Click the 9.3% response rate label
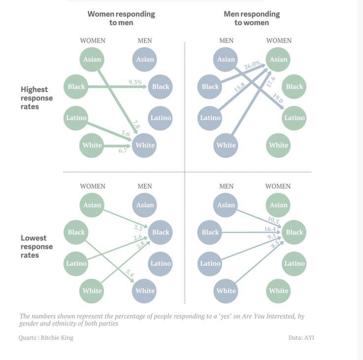point(135,82)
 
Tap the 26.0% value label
point(252,65)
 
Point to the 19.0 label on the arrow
point(278,98)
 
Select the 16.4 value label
point(270,229)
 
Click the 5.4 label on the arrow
point(130,273)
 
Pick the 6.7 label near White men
point(123,150)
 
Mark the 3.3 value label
point(138,228)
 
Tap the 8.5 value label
point(275,244)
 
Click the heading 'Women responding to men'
point(121,18)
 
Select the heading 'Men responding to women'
point(252,18)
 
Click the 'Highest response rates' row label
point(36,98)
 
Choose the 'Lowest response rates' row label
point(36,247)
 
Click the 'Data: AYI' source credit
point(301,338)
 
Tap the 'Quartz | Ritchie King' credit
point(46,338)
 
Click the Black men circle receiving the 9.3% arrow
point(160,87)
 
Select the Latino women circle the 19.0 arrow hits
point(294,118)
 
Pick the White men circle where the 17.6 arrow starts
point(226,145)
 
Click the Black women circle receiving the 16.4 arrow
point(294,232)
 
